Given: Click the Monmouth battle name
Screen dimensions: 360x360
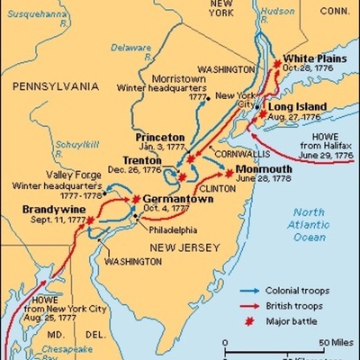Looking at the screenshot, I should tap(265, 166).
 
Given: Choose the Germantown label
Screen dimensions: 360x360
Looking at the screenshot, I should tap(175, 199).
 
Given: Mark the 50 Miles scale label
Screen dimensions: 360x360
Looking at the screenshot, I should tap(332, 344).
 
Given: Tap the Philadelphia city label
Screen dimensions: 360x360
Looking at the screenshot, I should tap(172, 229).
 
